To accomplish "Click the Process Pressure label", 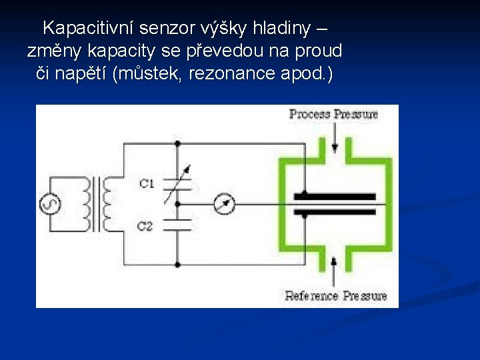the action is [x=333, y=114].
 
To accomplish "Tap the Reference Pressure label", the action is [x=336, y=295].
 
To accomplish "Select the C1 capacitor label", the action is [x=146, y=183].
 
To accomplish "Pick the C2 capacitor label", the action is [x=145, y=227].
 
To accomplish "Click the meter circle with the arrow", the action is [x=225, y=205].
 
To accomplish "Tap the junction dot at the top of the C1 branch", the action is [x=178, y=143].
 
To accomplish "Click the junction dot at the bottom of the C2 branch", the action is [x=178, y=265].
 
